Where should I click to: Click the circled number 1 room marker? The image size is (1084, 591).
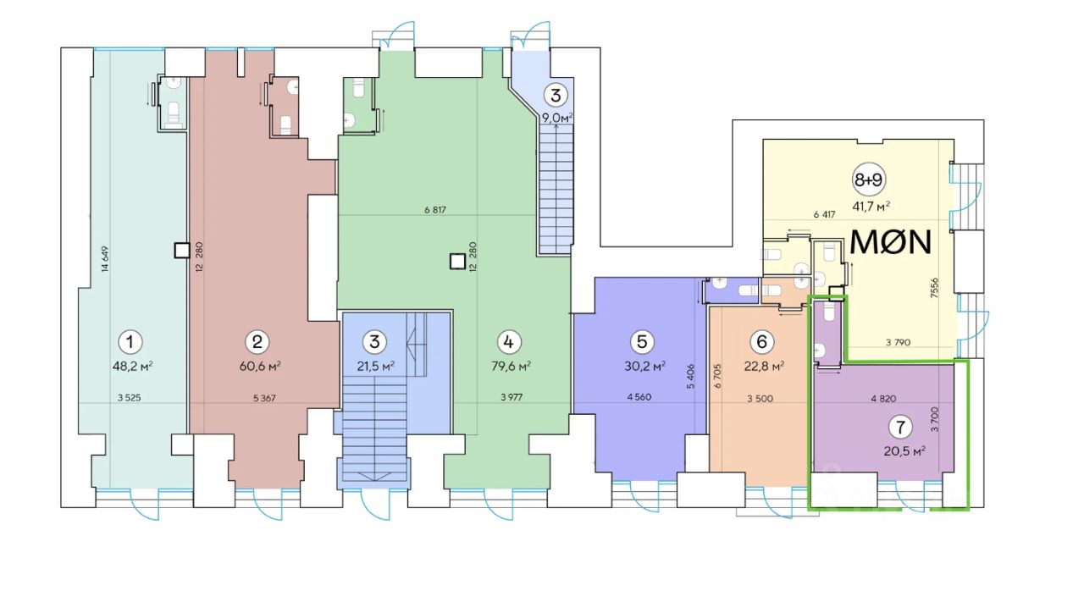click(130, 342)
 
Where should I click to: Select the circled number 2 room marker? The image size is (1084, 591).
click(257, 342)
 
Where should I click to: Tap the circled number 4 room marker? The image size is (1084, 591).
click(508, 342)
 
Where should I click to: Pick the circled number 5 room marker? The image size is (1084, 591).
click(642, 342)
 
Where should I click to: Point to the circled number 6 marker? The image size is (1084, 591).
click(761, 342)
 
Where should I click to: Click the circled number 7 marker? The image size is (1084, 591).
click(900, 427)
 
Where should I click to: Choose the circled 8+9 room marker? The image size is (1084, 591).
click(868, 180)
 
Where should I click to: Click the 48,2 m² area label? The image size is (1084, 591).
click(133, 366)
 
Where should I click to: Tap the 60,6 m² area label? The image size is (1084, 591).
click(260, 366)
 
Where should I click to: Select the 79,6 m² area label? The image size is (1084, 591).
click(511, 366)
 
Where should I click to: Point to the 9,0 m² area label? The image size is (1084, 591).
click(557, 118)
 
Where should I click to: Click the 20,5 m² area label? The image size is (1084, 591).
click(904, 451)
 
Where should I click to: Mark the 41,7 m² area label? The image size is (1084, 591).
click(871, 207)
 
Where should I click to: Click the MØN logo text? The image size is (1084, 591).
click(890, 242)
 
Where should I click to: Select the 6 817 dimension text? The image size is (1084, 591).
click(435, 210)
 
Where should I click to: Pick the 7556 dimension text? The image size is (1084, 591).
click(934, 287)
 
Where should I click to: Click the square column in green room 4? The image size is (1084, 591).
click(457, 262)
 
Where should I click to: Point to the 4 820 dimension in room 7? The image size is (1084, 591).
click(883, 399)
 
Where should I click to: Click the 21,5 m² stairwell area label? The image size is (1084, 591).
click(375, 366)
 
